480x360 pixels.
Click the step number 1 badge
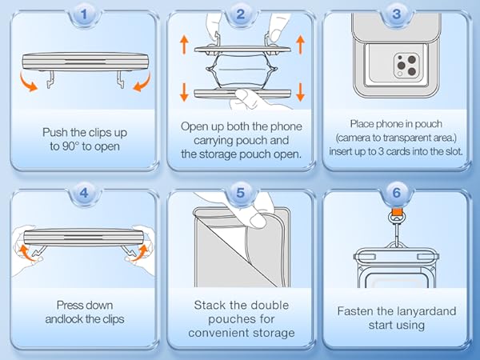pos(84,14)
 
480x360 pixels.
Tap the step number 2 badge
pos(240,14)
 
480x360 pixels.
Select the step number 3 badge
pos(397,14)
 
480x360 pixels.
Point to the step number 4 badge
pos(84,193)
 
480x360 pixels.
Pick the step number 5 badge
pos(240,193)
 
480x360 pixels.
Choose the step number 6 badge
pos(397,193)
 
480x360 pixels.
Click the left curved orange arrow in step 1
pos(27,83)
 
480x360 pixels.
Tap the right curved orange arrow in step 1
pos(142,83)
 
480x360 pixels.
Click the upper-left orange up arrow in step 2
pos(184,44)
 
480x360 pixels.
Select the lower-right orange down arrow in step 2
pos(300,92)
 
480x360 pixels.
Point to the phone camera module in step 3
pos(406,65)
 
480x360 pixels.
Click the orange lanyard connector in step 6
pos(397,211)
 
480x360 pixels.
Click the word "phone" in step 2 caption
pos(286,126)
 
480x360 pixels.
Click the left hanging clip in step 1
pos(50,79)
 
